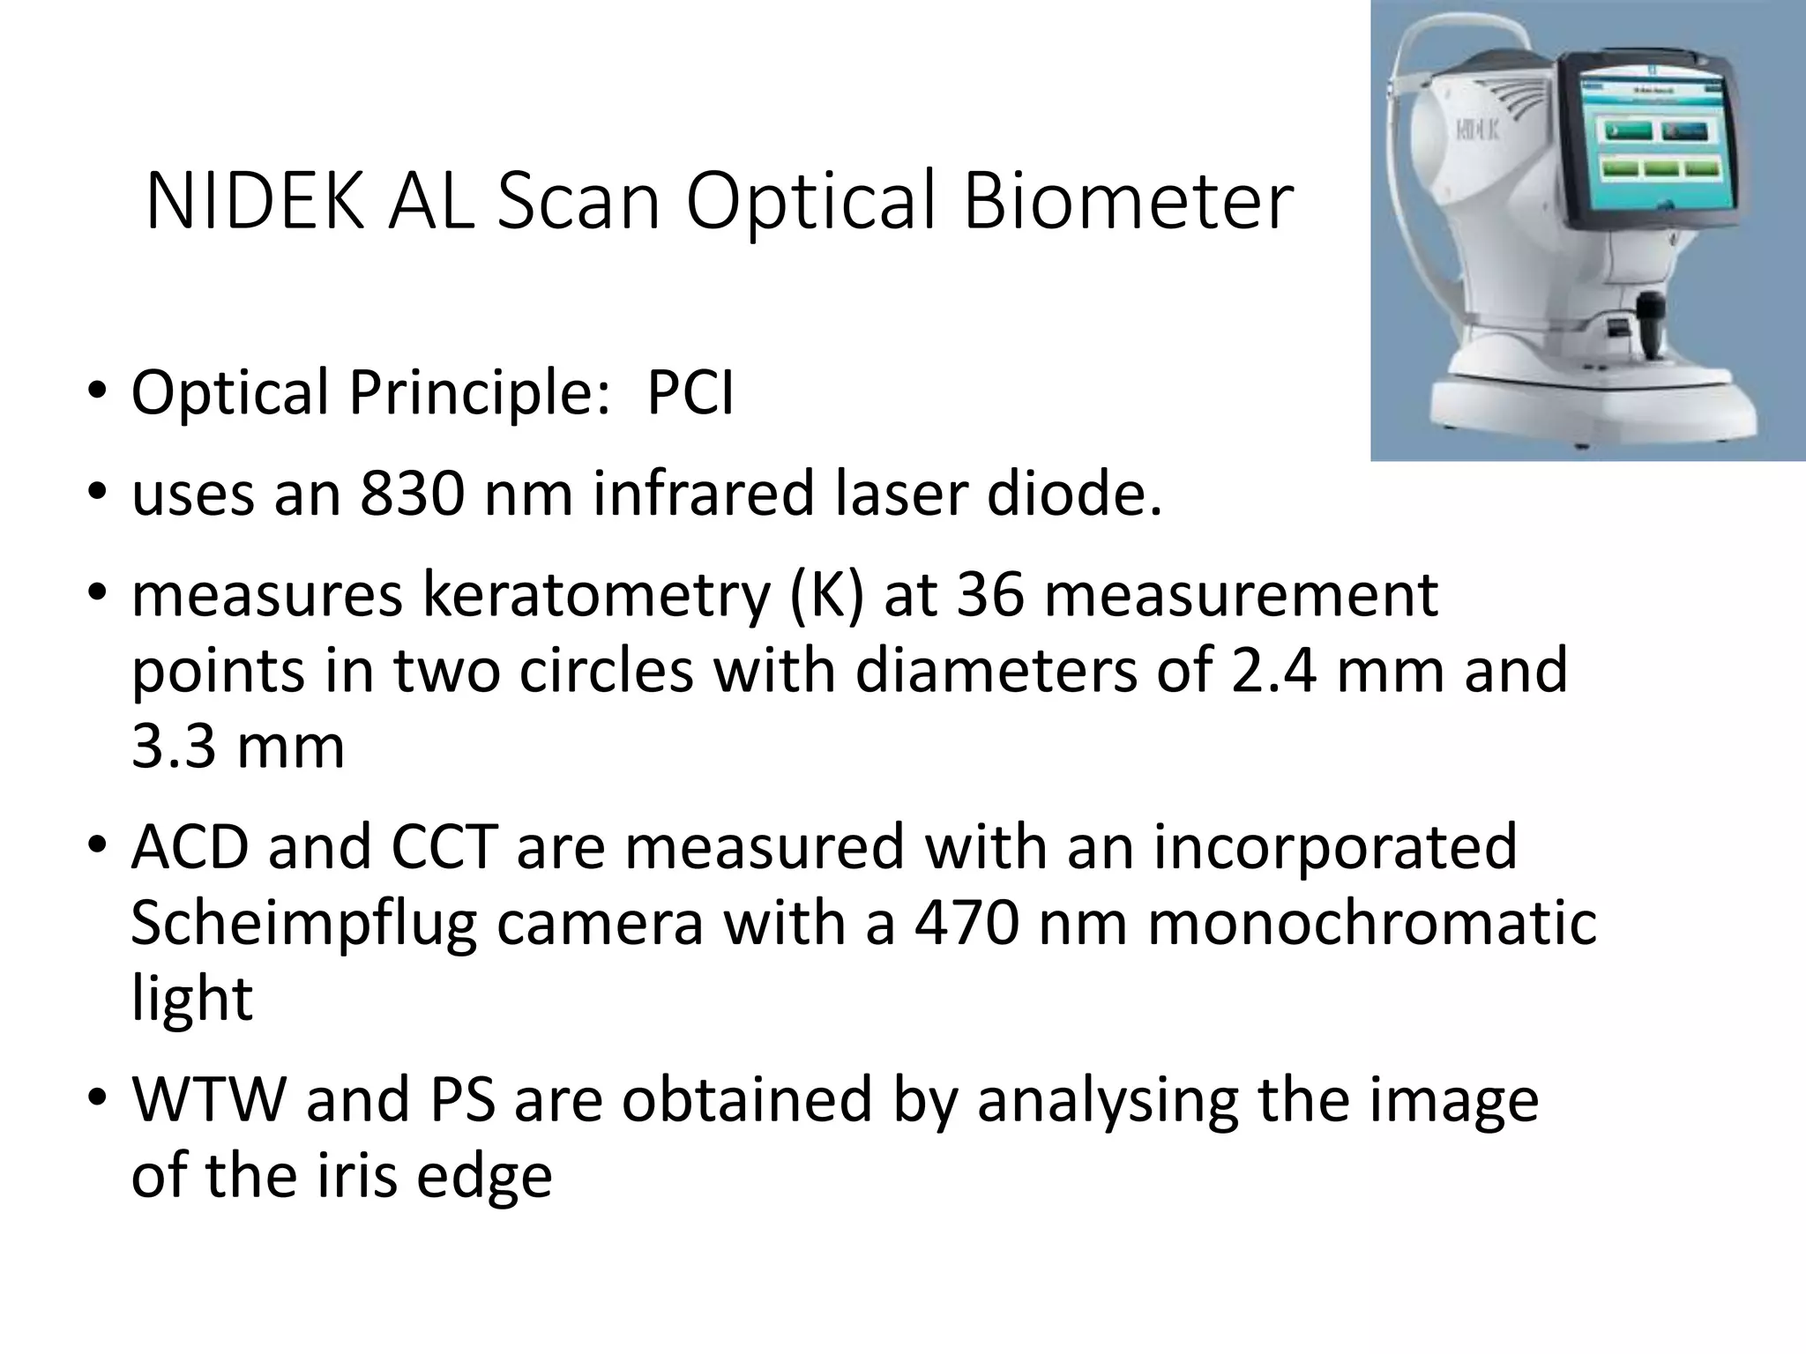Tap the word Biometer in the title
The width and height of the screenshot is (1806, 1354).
1128,204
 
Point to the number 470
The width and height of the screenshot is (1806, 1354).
967,923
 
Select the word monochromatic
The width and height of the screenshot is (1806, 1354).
1371,923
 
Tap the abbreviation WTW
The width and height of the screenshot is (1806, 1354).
209,1100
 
